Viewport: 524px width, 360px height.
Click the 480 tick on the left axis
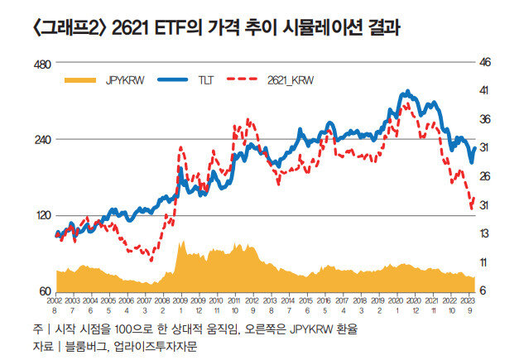41,64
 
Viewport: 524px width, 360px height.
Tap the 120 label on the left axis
41,215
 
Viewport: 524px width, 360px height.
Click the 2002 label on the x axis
55,300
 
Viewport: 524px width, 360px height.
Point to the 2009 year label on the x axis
181,300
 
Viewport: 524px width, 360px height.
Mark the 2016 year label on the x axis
324,300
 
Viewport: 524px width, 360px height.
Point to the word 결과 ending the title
384,31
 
